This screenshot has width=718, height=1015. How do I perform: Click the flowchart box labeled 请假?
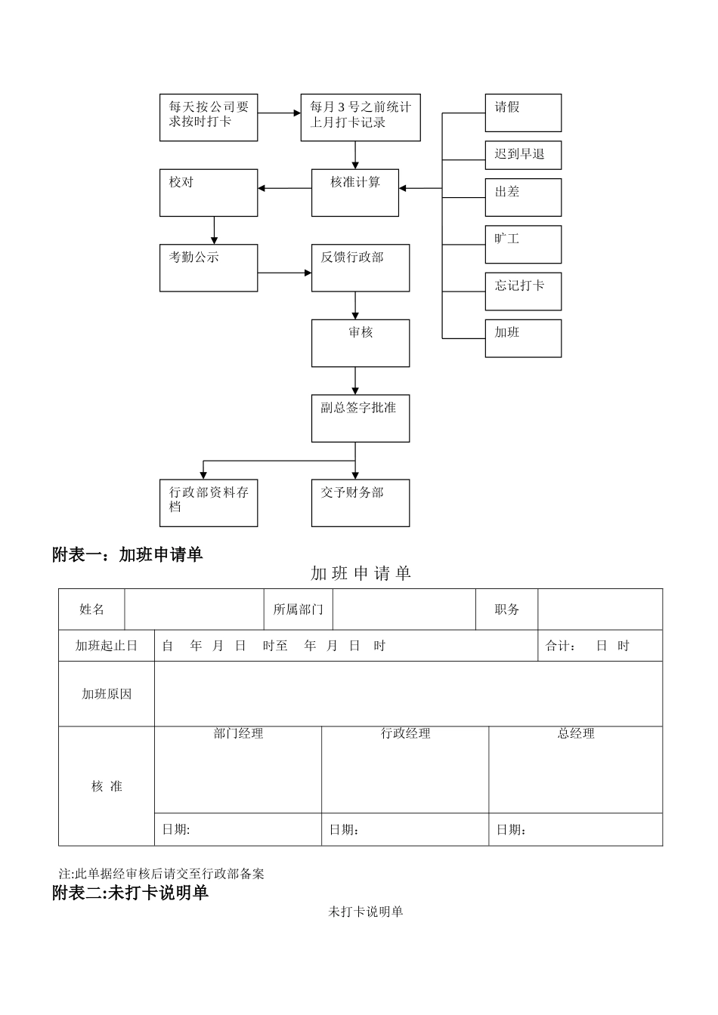click(523, 113)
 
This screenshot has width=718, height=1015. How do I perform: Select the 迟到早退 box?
click(523, 155)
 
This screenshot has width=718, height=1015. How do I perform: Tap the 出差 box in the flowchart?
click(523, 197)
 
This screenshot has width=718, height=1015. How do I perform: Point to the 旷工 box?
click(523, 244)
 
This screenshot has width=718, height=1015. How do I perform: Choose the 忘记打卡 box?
click(523, 291)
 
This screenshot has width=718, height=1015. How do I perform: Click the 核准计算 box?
click(355, 193)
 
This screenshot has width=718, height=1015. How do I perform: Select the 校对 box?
click(209, 193)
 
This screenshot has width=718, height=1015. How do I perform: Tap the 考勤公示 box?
click(209, 267)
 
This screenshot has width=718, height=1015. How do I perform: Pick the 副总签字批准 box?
click(361, 418)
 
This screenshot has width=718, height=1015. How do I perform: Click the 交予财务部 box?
click(361, 502)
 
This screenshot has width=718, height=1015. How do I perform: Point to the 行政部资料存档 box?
click(209, 502)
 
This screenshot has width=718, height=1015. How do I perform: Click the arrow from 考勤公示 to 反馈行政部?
click(284, 273)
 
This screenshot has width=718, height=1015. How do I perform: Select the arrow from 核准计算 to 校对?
click(284, 188)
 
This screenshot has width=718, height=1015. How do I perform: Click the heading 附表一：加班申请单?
click(128, 554)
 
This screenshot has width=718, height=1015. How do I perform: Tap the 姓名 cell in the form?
click(92, 609)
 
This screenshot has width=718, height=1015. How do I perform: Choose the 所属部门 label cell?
click(298, 609)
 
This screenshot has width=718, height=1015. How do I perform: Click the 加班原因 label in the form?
click(107, 694)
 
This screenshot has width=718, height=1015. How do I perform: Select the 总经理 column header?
click(576, 733)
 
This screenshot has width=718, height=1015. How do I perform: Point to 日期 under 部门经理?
click(176, 829)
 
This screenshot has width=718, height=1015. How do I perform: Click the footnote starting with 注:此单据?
click(162, 874)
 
